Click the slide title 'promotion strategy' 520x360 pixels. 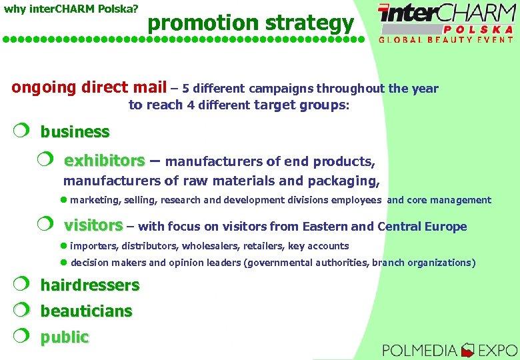pos(251,23)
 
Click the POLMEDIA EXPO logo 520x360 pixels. pos(450,349)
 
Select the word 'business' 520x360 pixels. pos(75,132)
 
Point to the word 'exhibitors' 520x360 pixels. pos(104,161)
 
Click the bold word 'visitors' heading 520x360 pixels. pos(93,225)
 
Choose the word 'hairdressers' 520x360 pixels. pos(90,286)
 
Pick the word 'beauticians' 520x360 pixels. pos(86,311)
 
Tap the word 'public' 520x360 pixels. pos(64,337)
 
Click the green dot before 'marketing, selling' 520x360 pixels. pos(64,200)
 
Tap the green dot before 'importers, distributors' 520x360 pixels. pos(64,246)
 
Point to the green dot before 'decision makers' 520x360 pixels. pos(64,263)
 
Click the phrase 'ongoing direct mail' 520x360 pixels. pos(89,87)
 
